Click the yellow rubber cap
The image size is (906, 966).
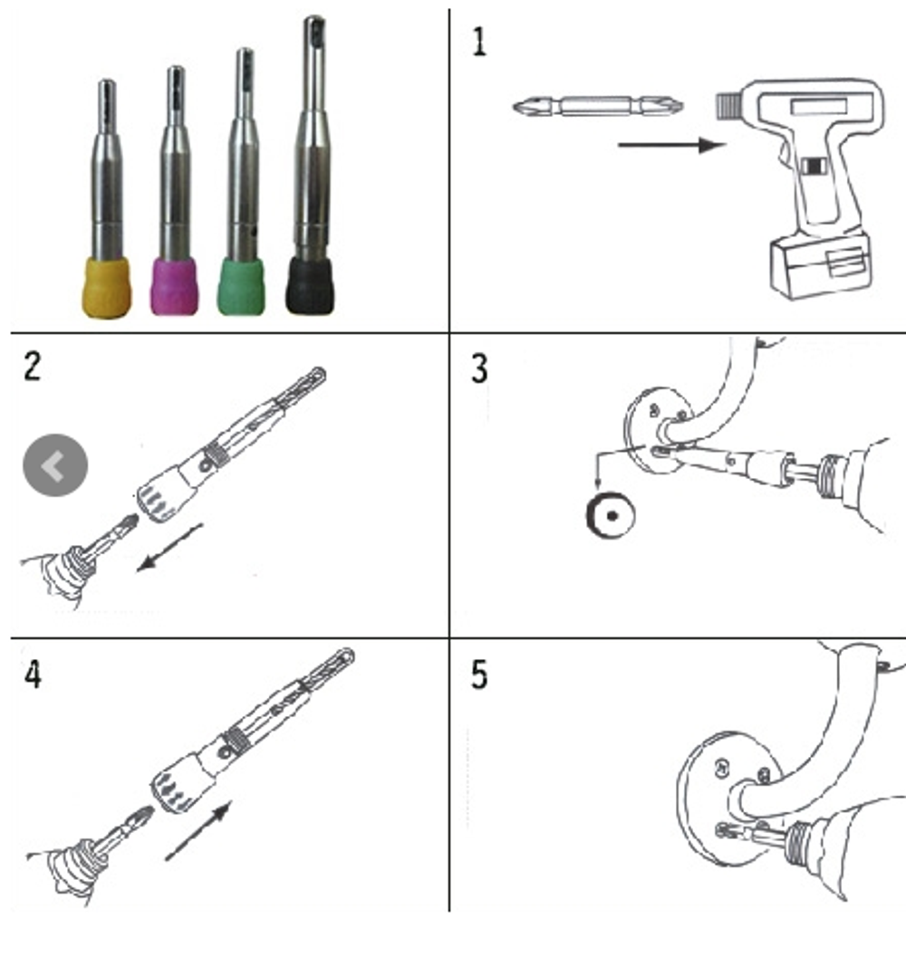[x=107, y=288]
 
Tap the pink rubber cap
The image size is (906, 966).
[x=175, y=286]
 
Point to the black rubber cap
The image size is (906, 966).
[x=310, y=285]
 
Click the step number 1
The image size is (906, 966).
[x=479, y=43]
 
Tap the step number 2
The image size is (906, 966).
[x=32, y=366]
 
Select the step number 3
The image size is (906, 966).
[x=479, y=368]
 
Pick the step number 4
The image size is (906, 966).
[x=33, y=674]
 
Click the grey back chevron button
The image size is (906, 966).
[x=55, y=465]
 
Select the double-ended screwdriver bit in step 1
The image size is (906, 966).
[x=599, y=106]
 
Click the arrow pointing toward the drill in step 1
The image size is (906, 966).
[x=671, y=146]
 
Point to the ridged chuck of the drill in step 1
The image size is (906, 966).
[x=728, y=105]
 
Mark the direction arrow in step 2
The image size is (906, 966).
[x=169, y=547]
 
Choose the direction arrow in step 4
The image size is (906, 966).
[x=198, y=830]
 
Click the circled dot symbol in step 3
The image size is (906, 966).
[x=611, y=515]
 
